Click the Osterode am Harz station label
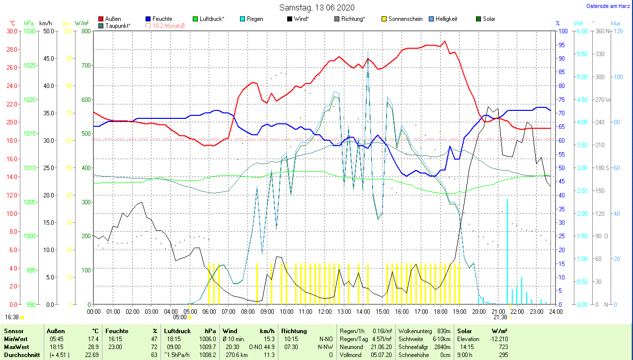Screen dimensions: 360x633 [608, 6]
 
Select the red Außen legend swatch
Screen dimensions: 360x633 [101, 19]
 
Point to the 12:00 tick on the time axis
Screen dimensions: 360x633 [325, 311]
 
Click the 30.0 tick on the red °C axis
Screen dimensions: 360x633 [11, 31]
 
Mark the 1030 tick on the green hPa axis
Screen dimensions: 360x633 [29, 31]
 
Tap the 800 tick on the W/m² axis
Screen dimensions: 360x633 [86, 31]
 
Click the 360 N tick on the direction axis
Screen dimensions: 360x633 [599, 31]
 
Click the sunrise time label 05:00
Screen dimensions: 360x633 [179, 317]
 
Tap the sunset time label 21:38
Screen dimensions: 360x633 [500, 317]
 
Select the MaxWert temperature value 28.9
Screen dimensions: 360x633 [92, 347]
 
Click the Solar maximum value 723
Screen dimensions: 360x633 [502, 347]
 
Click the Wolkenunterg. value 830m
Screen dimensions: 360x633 [444, 331]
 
